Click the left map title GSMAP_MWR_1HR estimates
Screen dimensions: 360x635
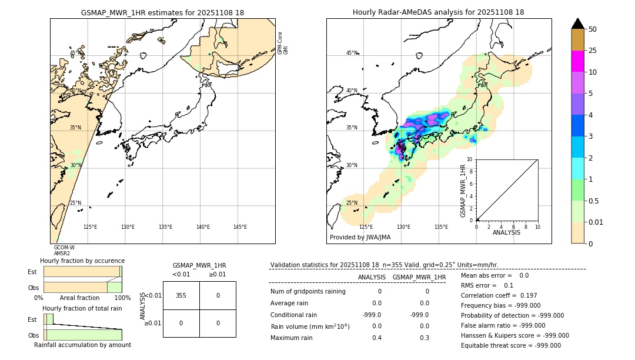coord(162,12)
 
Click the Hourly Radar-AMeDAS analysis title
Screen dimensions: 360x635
coord(438,12)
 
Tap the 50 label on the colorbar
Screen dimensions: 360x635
coord(593,29)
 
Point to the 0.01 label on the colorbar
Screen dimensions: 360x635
coord(596,222)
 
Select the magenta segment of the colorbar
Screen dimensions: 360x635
coord(577,61)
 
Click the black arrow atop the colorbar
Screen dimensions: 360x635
coord(577,24)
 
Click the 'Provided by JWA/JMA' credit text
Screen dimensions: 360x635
coord(360,237)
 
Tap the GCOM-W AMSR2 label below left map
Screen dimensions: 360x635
coord(64,251)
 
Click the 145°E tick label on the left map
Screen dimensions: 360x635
coord(240,227)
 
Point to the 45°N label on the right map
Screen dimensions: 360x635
coord(352,53)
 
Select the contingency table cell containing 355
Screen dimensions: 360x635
coord(181,295)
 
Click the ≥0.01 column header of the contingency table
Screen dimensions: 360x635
coord(218,274)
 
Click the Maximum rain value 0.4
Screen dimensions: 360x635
coord(376,338)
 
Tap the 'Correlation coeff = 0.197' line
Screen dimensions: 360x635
coord(499,295)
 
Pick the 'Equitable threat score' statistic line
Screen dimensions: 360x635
coord(510,345)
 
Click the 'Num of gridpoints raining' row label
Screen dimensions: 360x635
coord(308,292)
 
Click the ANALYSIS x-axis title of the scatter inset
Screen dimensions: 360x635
coord(506,232)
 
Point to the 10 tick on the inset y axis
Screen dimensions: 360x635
coord(469,159)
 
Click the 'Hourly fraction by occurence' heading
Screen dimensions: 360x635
coord(82,261)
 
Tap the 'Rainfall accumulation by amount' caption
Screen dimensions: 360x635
coord(82,345)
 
